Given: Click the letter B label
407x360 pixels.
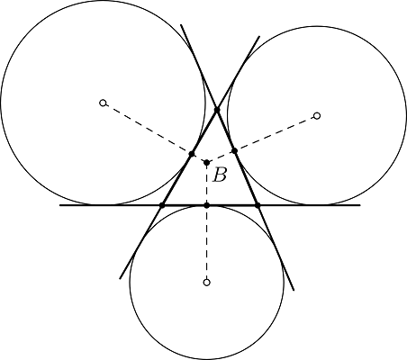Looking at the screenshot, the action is click(x=220, y=175).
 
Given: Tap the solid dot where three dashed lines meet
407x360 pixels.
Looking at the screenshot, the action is click(x=206, y=163).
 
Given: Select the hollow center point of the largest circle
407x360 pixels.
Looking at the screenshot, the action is click(x=103, y=103).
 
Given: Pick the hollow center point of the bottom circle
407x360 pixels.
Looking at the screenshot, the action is click(x=206, y=283).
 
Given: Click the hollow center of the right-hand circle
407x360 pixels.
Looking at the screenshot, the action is click(x=317, y=116).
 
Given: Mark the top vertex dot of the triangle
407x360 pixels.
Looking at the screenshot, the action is click(x=217, y=110).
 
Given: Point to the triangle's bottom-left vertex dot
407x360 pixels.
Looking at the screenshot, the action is click(x=162, y=205).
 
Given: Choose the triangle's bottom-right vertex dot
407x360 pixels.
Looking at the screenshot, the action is click(x=258, y=205).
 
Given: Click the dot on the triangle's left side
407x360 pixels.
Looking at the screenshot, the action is click(x=192, y=154).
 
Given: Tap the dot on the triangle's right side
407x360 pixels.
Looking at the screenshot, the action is click(x=234, y=150).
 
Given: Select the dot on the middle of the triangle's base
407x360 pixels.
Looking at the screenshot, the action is click(x=206, y=205).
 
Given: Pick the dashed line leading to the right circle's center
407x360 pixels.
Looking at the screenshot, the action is click(x=262, y=139).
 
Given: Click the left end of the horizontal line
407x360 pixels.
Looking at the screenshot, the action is click(x=59, y=205).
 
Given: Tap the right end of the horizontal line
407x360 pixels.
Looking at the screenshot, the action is click(x=360, y=205).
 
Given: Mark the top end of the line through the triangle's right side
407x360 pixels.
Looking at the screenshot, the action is click(x=181, y=25).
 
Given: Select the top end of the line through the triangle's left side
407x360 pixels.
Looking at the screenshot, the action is click(x=259, y=36).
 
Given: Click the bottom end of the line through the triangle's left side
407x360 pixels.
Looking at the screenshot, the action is click(x=120, y=279).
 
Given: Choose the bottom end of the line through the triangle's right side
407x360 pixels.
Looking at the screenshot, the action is click(x=294, y=290).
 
